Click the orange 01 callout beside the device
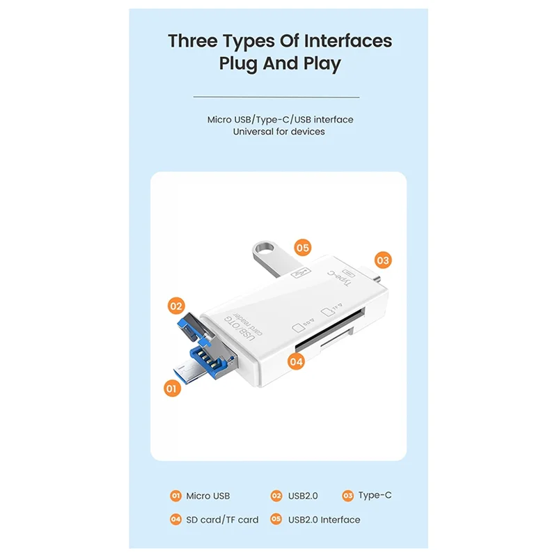tap(171, 388)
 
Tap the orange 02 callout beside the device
tap(176, 305)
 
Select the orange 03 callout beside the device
tap(382, 260)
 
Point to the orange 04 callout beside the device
tap(297, 361)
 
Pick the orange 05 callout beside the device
tap(302, 247)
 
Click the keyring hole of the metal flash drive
tap(265, 248)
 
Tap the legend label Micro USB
tap(207, 496)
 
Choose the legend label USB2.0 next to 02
tap(303, 496)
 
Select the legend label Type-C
tap(375, 496)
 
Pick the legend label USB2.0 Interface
tap(324, 519)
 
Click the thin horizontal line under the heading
tap(276, 97)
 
